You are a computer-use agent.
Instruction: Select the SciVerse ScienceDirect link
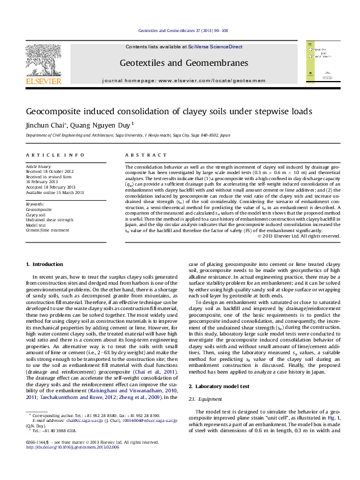(x=215, y=47)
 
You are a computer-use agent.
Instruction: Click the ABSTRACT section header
(x=140, y=155)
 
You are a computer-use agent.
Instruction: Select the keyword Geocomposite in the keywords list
(x=38, y=209)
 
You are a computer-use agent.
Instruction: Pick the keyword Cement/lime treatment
(x=47, y=230)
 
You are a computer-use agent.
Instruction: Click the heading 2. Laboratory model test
(x=220, y=368)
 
